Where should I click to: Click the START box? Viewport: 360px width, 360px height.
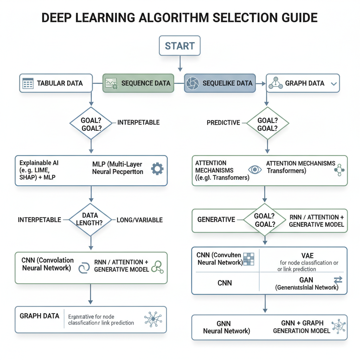click(x=180, y=46)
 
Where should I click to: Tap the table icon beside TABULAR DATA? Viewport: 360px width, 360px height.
click(x=28, y=84)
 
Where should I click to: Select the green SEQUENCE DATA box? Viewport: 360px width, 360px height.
click(x=138, y=83)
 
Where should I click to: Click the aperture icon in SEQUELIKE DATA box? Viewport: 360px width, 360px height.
click(x=192, y=83)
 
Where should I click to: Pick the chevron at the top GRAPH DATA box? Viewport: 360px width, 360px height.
click(x=334, y=84)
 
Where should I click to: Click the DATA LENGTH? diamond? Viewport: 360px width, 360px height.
click(x=90, y=219)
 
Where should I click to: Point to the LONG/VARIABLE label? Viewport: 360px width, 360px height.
click(x=140, y=220)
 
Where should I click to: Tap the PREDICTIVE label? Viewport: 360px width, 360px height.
click(x=223, y=123)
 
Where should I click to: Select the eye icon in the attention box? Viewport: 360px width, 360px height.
click(x=255, y=169)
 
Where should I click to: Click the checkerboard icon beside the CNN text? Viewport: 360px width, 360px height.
click(x=248, y=259)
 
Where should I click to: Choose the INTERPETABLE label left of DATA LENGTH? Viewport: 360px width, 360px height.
click(x=39, y=220)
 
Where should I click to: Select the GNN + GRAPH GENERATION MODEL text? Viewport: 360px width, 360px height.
click(x=302, y=327)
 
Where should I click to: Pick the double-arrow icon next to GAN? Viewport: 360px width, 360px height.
click(x=337, y=280)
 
